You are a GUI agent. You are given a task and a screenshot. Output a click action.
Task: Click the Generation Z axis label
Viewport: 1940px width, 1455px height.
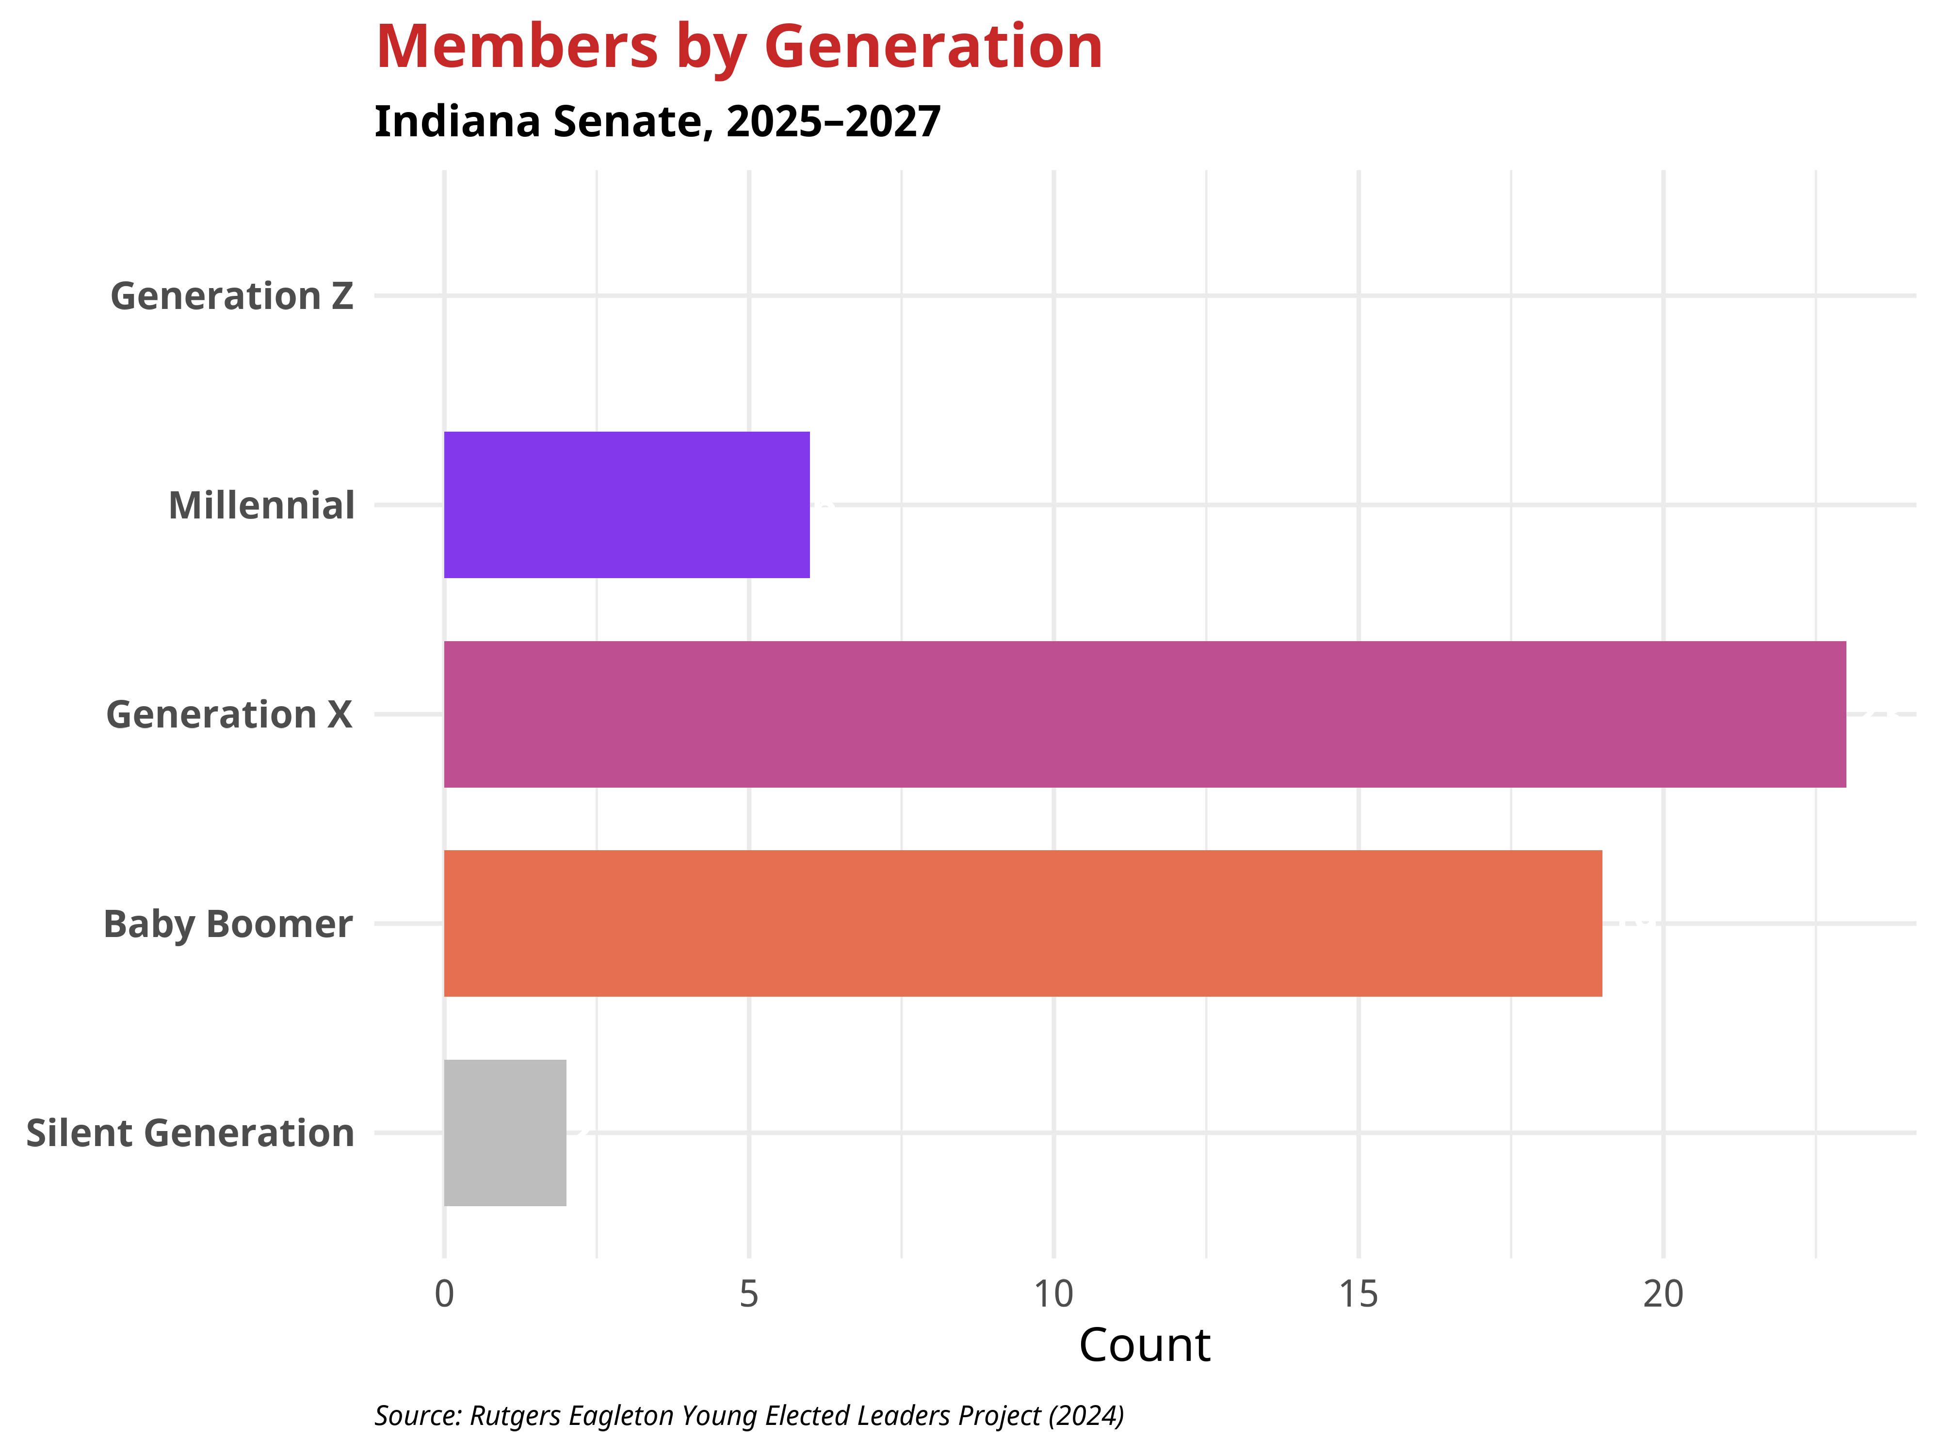(231, 296)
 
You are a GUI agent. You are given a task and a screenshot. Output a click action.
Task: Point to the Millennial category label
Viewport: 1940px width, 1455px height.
(261, 506)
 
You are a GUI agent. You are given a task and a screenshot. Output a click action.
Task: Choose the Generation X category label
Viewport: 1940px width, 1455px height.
(229, 715)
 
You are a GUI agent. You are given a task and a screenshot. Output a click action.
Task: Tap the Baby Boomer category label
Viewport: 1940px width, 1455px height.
(228, 924)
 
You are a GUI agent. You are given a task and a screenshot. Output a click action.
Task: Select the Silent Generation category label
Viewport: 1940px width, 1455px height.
(190, 1133)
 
